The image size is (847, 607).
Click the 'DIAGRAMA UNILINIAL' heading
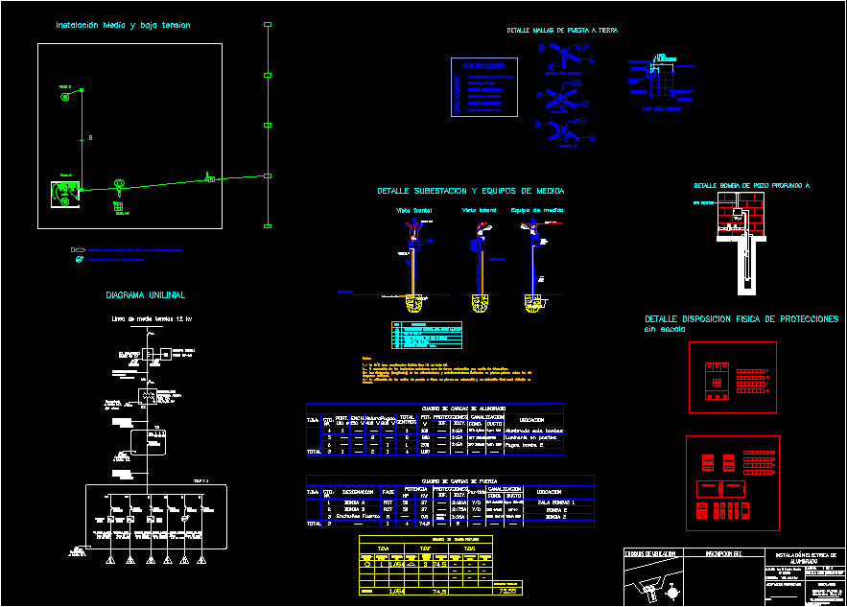coord(145,294)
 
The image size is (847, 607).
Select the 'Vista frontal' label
coord(414,209)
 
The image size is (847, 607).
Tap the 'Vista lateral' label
coord(481,209)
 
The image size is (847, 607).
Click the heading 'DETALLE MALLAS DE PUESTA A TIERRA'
coord(562,31)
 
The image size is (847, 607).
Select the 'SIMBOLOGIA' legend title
coord(483,65)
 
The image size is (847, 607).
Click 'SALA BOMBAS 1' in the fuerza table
coord(557,502)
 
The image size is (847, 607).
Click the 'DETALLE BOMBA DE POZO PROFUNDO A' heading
coord(752,185)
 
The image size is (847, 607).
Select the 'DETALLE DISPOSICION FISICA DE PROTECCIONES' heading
coord(741,318)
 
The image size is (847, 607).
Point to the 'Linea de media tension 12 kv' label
coord(152,318)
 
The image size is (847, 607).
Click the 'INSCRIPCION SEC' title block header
coord(724,554)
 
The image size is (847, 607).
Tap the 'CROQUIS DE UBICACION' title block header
coord(649,554)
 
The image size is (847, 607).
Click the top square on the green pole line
coord(268,25)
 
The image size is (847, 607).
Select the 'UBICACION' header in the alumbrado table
coord(533,420)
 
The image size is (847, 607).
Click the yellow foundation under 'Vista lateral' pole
coord(480,303)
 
